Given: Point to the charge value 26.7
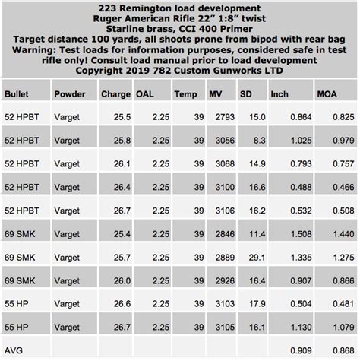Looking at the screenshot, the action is pos(119,210).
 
